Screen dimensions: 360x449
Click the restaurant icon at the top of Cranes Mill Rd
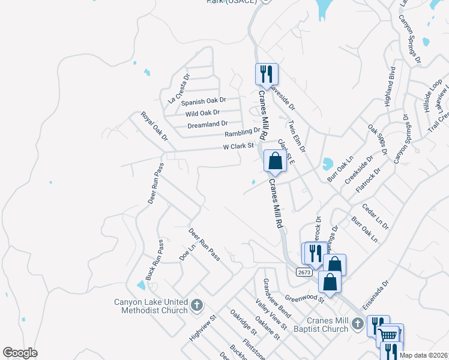(x=267, y=74)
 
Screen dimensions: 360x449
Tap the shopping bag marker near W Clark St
(x=275, y=161)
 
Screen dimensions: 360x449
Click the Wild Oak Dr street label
(x=203, y=113)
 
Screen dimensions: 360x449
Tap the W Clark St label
(x=239, y=145)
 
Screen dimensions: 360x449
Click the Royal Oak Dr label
(x=154, y=126)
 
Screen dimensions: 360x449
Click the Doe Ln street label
(x=188, y=252)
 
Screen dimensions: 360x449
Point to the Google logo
(x=20, y=353)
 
